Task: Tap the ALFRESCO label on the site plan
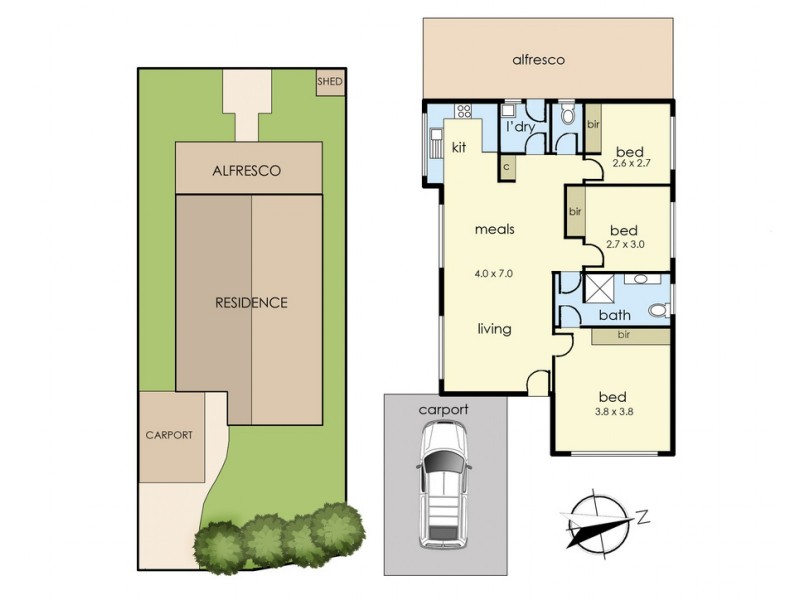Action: [x=247, y=171]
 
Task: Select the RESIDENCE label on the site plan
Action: [x=251, y=302]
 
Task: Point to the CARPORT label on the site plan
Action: [x=168, y=435]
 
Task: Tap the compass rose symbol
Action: [x=597, y=521]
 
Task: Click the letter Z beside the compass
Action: [x=643, y=516]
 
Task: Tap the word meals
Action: [x=494, y=229]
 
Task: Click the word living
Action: [x=494, y=328]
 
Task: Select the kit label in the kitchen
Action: [x=460, y=147]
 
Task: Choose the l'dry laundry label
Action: [x=520, y=128]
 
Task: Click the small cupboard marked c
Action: [x=507, y=168]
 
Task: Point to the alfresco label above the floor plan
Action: [x=538, y=60]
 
